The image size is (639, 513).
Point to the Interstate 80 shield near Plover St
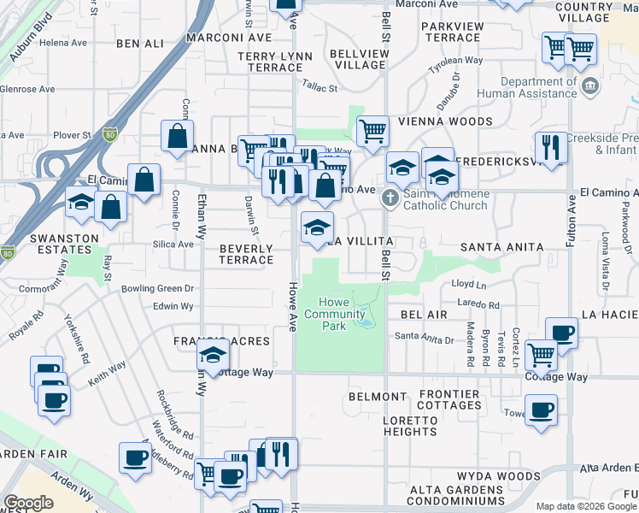tap(109, 133)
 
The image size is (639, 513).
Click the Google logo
tap(28, 503)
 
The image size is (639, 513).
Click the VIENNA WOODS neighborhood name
tap(450, 122)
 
